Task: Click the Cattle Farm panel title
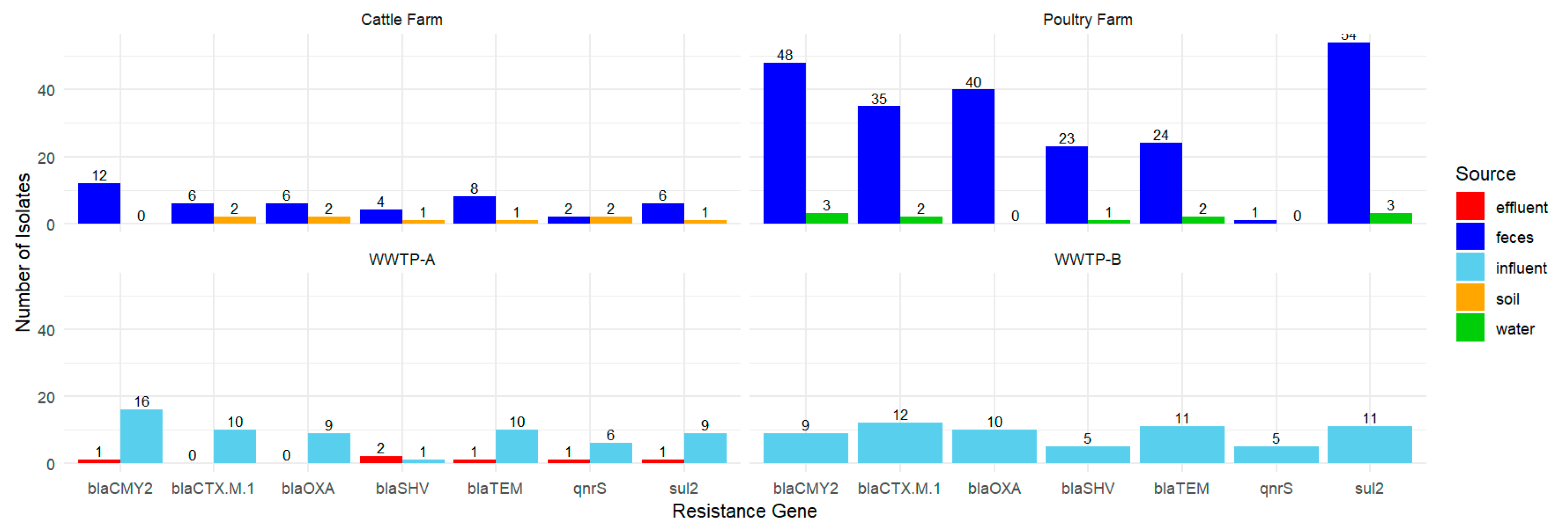[401, 20]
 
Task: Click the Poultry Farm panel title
[1087, 20]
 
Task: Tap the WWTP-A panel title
[401, 260]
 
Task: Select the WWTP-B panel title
[1087, 260]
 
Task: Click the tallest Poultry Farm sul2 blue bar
[1349, 133]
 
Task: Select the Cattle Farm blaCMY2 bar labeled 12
[99, 204]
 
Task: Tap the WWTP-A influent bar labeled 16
[141, 436]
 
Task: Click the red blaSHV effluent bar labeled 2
[381, 460]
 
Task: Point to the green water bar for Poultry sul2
[1391, 218]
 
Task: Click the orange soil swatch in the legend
[1470, 298]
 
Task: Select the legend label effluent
[1521, 208]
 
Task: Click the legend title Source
[1485, 174]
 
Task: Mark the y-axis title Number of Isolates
[23, 253]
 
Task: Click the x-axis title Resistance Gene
[744, 511]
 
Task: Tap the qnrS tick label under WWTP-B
[1276, 488]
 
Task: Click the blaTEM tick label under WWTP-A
[495, 488]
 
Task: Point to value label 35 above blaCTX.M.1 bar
[879, 98]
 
